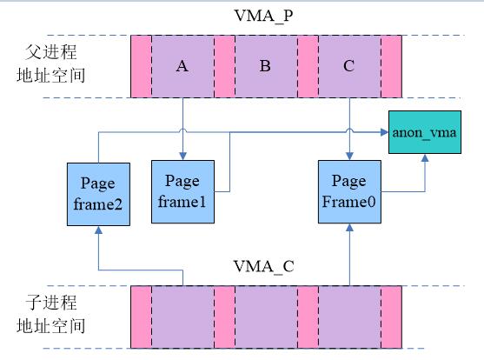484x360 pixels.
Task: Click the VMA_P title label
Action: [x=263, y=16]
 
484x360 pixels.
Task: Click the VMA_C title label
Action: [x=263, y=266]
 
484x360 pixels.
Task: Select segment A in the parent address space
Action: [x=182, y=66]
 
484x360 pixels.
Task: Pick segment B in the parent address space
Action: [x=266, y=66]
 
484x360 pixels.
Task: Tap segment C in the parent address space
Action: [x=349, y=66]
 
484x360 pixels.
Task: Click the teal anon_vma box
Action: [x=425, y=132]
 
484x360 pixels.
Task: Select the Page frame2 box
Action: [x=98, y=195]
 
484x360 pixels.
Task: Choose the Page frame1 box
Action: [x=182, y=191]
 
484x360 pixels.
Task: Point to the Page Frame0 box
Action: [x=349, y=191]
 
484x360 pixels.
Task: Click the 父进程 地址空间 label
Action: [x=51, y=63]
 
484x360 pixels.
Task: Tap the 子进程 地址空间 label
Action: [x=51, y=314]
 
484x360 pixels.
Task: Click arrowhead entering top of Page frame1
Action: [x=182, y=156]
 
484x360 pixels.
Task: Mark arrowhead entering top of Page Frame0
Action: [x=349, y=156]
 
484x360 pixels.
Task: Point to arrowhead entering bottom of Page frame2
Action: [x=98, y=230]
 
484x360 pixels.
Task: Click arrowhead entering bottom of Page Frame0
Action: [x=349, y=228]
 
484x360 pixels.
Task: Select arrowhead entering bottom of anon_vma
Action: [x=425, y=158]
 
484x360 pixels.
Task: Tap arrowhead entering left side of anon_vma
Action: [x=384, y=132]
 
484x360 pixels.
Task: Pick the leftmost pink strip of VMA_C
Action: [x=141, y=317]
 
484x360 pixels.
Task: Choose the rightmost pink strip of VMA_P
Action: [x=391, y=66]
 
